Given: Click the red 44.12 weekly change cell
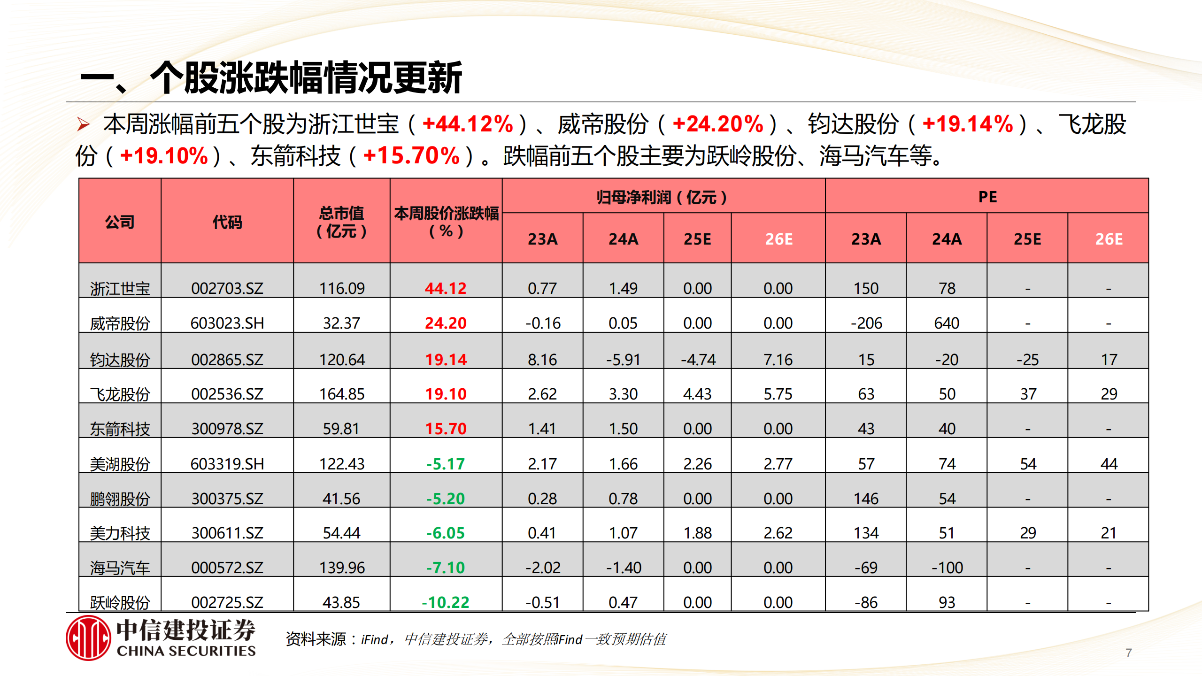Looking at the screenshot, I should (445, 288).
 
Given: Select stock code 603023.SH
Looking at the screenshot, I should (227, 323).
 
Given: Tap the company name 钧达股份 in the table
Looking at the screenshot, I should (120, 360).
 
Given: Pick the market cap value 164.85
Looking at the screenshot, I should (342, 394).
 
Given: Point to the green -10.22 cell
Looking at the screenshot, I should (445, 602).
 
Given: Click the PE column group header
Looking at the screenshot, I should (987, 197).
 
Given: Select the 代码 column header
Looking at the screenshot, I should (227, 222).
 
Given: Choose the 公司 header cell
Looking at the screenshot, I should (120, 222).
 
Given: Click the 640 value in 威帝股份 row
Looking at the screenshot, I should (947, 323).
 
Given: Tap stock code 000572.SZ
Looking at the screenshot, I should (227, 568).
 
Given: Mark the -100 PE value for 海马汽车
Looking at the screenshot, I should (947, 568).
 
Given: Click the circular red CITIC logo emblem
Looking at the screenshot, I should (88, 638).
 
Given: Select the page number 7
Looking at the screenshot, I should (1129, 653).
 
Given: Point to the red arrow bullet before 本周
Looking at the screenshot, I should (84, 124).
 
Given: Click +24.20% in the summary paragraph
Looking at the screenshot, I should (718, 124).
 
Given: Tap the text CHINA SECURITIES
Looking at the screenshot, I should (186, 651).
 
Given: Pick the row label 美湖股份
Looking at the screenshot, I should (120, 464).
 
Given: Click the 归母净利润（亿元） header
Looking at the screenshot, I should (662, 197).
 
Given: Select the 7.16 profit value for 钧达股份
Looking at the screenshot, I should (778, 360).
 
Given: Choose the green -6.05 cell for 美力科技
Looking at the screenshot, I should (445, 533).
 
